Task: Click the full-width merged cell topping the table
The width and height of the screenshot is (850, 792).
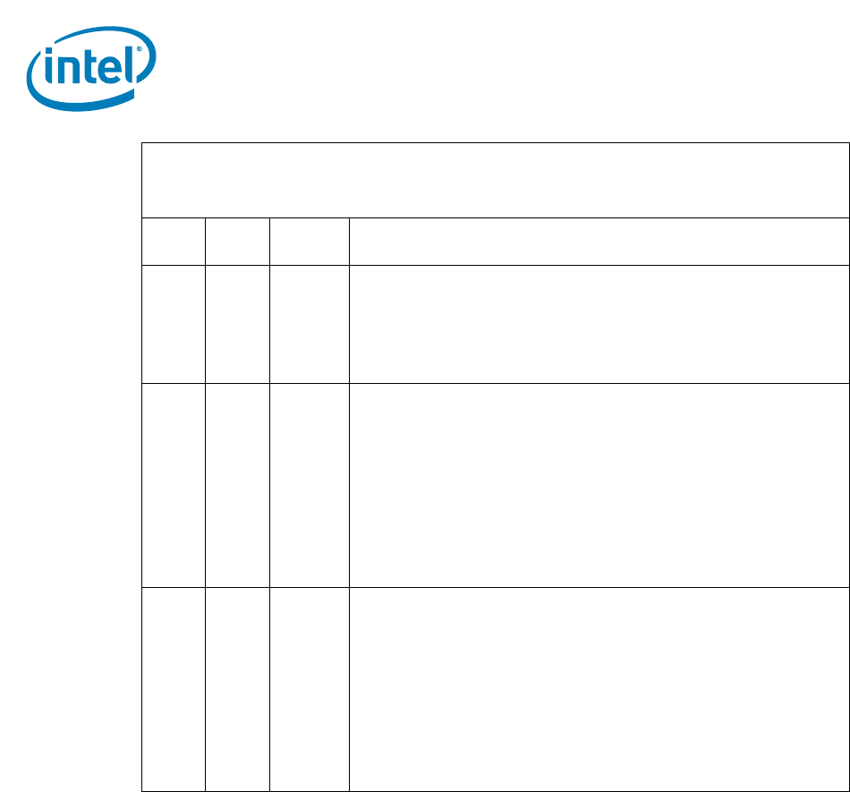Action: [x=495, y=180]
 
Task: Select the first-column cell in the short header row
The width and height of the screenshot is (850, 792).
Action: [x=174, y=241]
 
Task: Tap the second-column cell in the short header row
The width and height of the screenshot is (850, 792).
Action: [x=237, y=241]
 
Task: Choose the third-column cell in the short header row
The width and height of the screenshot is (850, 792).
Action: [x=309, y=241]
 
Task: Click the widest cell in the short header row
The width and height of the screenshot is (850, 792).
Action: [x=599, y=241]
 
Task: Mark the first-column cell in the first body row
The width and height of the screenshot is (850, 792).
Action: [x=174, y=324]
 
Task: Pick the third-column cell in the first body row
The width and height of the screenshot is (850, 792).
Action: [x=309, y=324]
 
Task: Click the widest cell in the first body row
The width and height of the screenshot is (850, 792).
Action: [x=599, y=324]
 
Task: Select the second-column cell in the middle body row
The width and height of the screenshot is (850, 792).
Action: [x=237, y=485]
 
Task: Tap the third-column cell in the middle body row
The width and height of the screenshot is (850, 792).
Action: [x=309, y=485]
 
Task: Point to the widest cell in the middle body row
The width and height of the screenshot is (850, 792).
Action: [x=599, y=485]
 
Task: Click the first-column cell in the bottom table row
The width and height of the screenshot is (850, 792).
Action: [x=174, y=688]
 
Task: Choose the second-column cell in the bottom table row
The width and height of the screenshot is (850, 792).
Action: [x=237, y=688]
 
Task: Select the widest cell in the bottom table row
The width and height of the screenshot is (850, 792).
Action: [x=599, y=688]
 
